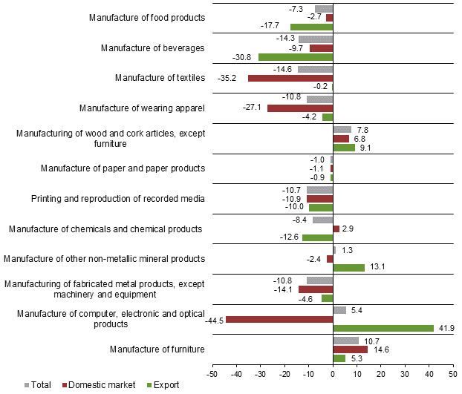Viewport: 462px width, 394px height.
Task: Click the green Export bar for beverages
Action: (296, 57)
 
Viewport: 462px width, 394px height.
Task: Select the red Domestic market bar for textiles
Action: (290, 78)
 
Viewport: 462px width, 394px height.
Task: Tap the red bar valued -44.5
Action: (279, 319)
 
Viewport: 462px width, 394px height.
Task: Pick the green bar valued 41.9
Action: (383, 328)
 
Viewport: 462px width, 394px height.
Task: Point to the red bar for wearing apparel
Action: (300, 108)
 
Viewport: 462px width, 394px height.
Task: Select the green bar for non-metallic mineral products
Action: (349, 268)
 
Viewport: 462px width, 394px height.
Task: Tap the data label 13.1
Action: (375, 268)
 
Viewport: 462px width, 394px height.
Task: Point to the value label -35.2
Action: (226, 78)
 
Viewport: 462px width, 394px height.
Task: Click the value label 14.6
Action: (379, 349)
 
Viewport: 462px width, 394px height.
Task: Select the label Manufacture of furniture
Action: (157, 349)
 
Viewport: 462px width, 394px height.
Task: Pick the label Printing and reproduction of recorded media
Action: (118, 198)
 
